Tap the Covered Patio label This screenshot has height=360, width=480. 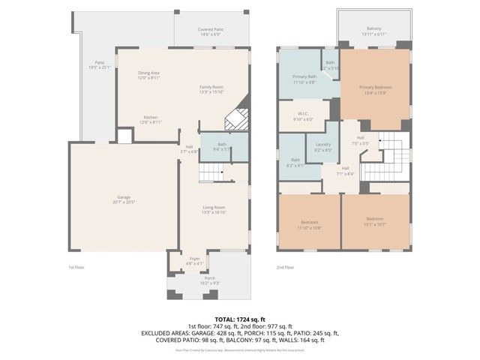210,31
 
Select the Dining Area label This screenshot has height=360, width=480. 148,75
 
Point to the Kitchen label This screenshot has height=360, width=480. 150,119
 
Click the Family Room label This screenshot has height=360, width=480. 211,89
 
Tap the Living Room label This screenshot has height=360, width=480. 214,209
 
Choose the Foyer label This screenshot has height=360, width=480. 194,261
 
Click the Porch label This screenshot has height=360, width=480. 210,280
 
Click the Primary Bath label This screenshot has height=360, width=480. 304,78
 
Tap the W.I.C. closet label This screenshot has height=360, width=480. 304,116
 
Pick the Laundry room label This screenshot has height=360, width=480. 323,147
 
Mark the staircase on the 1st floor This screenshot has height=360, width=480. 211,175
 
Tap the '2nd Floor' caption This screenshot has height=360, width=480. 284,268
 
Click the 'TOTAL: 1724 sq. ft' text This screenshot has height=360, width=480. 239,319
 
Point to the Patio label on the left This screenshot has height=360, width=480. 100,64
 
